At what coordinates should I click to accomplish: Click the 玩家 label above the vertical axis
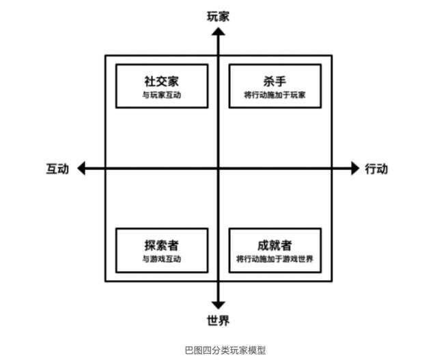pos(218,16)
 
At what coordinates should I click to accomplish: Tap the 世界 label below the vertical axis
pos(218,320)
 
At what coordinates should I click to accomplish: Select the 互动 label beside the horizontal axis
pos(57,169)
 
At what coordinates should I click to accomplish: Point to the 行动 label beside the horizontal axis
pos(376,169)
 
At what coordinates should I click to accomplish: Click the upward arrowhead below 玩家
pos(218,31)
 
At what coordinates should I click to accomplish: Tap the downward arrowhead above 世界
pos(218,305)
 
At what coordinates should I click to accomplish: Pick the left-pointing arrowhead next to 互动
pos(81,168)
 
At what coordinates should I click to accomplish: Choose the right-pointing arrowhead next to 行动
pos(355,168)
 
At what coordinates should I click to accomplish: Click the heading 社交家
pos(162,81)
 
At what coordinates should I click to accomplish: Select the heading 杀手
pos(274,81)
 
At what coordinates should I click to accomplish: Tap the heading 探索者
pos(162,245)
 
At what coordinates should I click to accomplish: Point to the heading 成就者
pos(274,245)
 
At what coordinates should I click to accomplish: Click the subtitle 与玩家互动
pos(162,95)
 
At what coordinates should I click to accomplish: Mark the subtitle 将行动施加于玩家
pos(274,95)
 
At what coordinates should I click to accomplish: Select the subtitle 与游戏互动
pos(162,259)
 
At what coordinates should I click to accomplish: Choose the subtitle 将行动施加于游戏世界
pos(274,259)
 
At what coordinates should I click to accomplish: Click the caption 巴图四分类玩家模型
pos(225,350)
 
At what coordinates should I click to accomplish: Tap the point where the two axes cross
pos(218,168)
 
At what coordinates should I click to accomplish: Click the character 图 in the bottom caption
pos(198,350)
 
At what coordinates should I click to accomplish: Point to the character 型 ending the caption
pos(261,350)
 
